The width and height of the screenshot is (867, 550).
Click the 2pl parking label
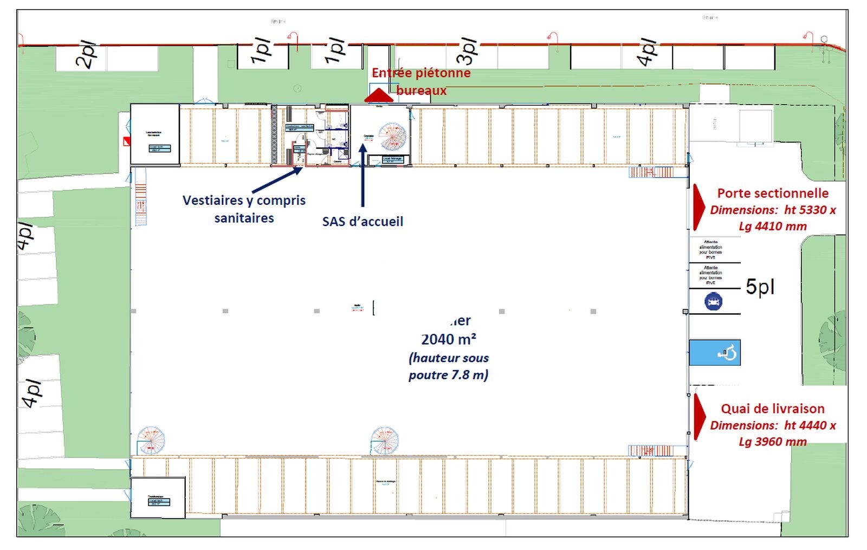(87, 55)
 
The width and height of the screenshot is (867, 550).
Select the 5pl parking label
(760, 287)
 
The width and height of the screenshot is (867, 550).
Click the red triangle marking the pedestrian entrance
(378, 96)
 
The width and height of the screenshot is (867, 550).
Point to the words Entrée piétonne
(421, 73)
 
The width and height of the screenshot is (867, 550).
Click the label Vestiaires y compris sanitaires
(244, 209)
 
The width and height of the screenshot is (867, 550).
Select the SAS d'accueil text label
(363, 221)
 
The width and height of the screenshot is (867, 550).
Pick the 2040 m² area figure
(449, 339)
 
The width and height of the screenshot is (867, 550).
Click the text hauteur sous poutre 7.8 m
(449, 366)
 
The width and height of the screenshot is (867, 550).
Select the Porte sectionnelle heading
(773, 193)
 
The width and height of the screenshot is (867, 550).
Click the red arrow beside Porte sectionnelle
(699, 208)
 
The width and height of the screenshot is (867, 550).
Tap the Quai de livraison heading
(773, 409)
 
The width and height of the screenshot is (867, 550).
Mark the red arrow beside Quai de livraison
(700, 416)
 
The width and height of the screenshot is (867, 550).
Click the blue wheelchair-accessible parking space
(715, 353)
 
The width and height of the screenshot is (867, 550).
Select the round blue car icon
(713, 301)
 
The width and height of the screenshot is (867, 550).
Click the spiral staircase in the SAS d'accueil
(392, 137)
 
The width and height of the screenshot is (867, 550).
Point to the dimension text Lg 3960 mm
(773, 442)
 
